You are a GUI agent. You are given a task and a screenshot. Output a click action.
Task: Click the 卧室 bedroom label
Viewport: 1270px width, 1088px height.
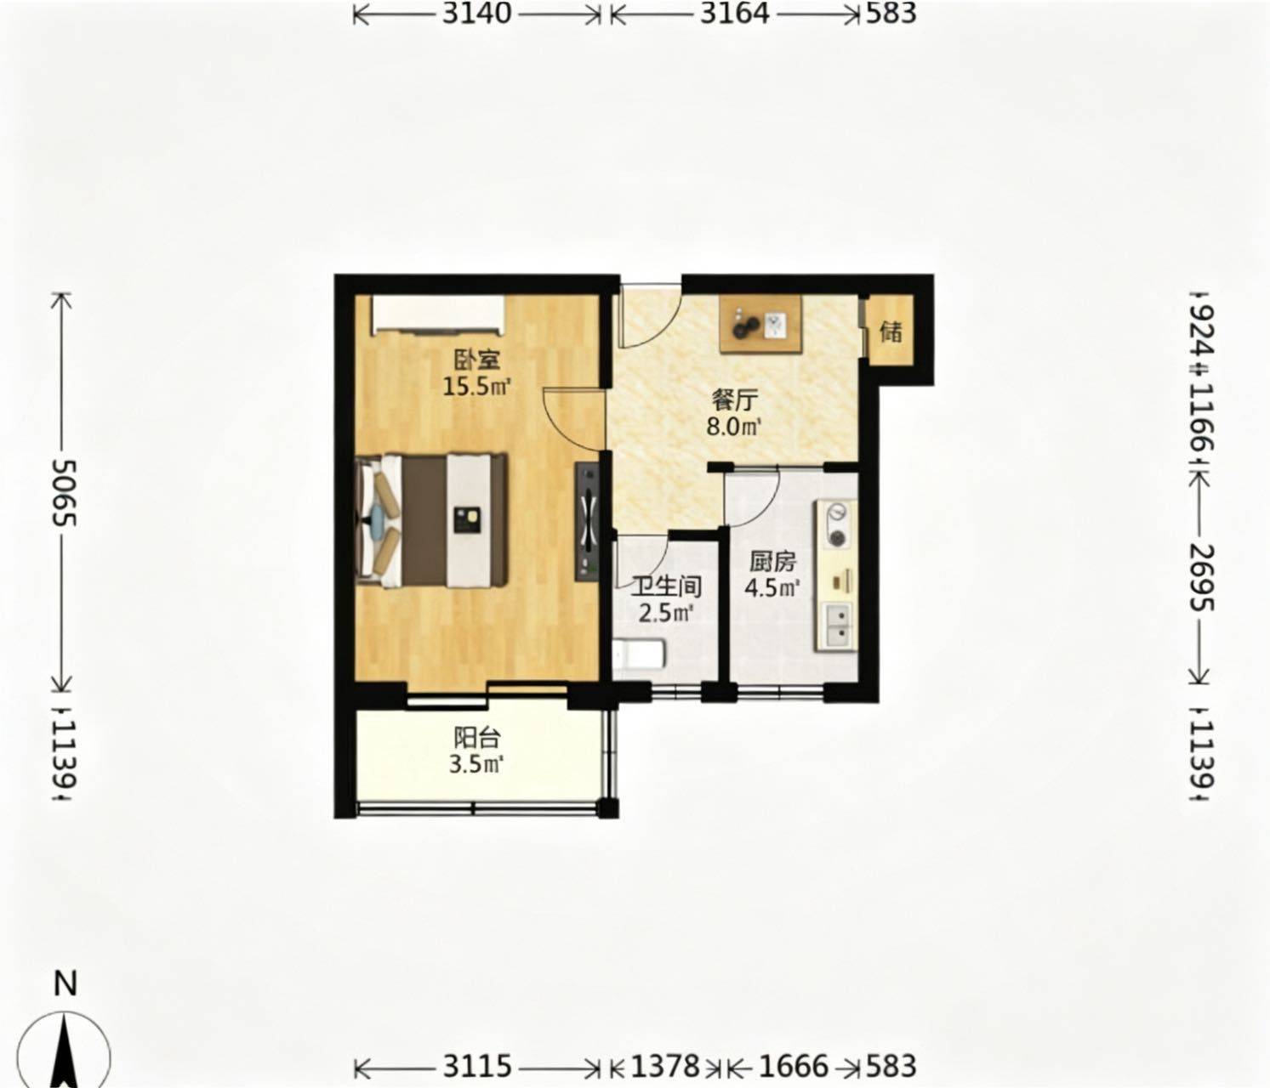[x=477, y=360]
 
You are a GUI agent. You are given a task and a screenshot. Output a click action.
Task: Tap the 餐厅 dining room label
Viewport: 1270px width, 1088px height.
[x=735, y=401]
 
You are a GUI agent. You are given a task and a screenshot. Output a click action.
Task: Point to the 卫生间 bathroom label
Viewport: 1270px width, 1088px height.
[x=667, y=587]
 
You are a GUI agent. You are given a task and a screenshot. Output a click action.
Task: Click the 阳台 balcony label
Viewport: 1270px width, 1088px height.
[x=477, y=738]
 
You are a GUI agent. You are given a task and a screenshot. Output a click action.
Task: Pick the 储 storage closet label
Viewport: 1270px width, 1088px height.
[x=891, y=332]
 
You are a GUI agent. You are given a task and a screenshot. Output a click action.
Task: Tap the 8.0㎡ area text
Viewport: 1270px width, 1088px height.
[x=734, y=426]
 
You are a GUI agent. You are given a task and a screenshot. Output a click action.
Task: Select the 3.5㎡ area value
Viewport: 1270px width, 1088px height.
[x=477, y=764]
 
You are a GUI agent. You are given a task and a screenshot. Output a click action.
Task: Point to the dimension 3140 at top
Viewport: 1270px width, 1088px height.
[x=477, y=13]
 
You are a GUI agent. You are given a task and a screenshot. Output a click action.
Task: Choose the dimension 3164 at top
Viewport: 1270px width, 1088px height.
[x=735, y=13]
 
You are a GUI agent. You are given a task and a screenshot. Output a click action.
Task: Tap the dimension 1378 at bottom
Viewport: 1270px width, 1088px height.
[x=665, y=1067]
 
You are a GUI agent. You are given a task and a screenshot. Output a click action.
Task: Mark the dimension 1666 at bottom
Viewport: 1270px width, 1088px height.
[x=794, y=1067]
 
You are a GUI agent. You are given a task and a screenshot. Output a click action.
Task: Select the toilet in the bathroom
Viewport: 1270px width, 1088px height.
[x=639, y=654]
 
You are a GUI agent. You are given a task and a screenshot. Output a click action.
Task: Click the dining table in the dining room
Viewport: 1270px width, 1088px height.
[x=761, y=325]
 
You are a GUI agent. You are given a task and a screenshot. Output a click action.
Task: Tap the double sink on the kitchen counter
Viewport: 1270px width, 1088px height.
[x=836, y=625]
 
